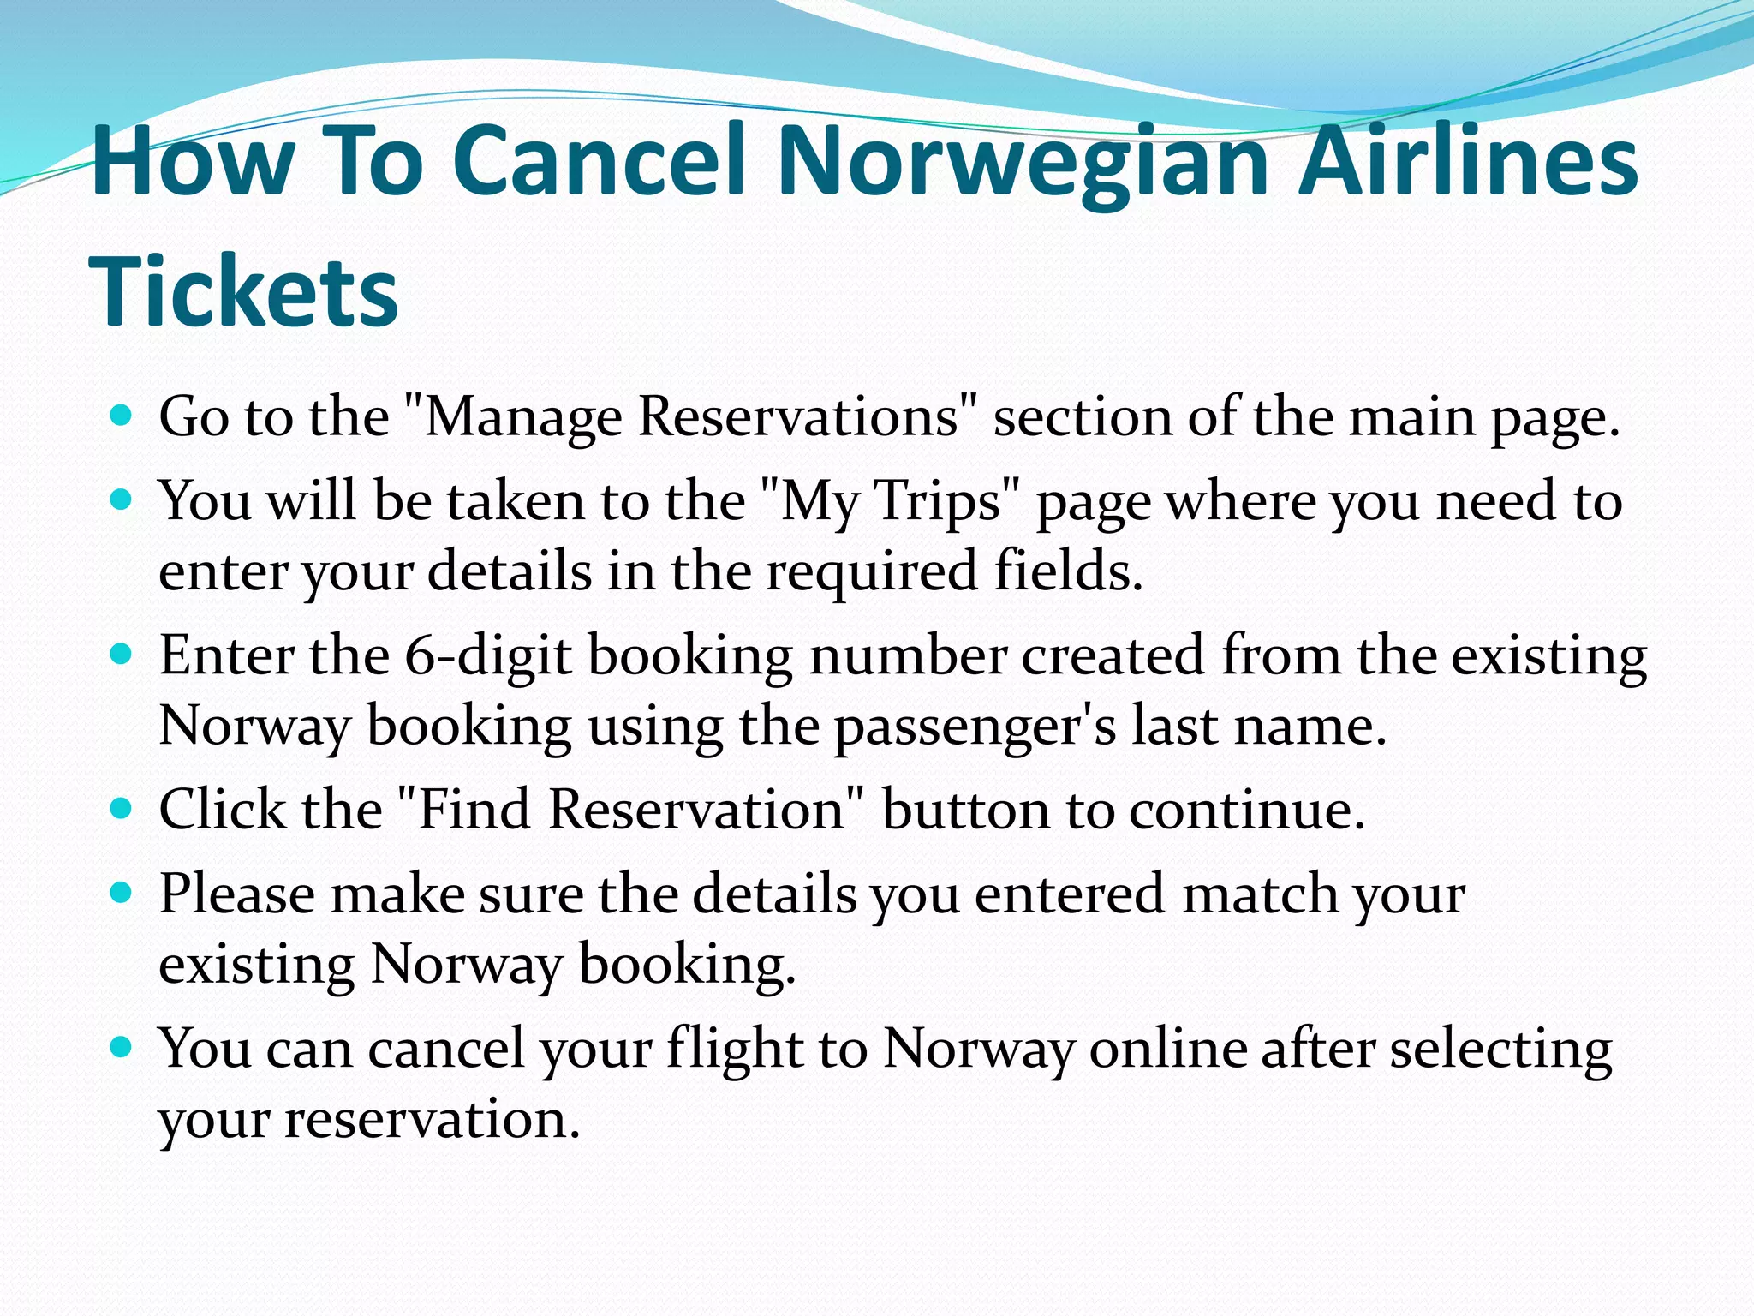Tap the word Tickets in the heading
pos(244,291)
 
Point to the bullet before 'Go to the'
pos(122,416)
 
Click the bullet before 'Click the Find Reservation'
pos(122,808)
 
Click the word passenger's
pos(975,727)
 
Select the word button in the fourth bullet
pos(964,810)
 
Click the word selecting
pos(1501,1050)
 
